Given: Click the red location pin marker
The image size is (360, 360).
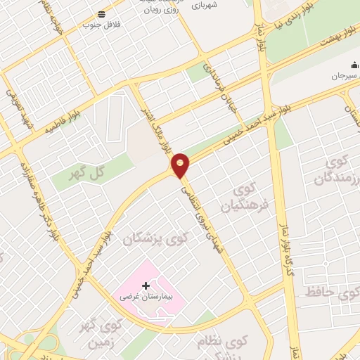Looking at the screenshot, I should (x=181, y=165).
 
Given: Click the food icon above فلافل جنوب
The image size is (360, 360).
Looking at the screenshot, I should (x=103, y=14).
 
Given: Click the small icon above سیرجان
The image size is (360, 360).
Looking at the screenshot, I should (x=353, y=65).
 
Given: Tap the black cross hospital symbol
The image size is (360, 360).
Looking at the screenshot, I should (x=146, y=285).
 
